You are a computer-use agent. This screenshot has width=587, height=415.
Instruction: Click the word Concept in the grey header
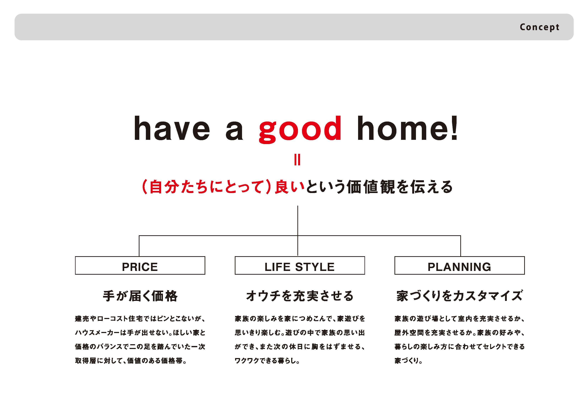(539, 27)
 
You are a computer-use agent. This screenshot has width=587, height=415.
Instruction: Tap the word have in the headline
(172, 128)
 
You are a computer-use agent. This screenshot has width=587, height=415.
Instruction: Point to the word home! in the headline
(408, 128)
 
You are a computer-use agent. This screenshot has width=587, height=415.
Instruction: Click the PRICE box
(140, 265)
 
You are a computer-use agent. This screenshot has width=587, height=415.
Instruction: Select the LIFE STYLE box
(300, 265)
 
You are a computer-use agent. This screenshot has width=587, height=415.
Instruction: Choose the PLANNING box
(459, 265)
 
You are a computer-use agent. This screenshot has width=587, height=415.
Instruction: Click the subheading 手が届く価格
(140, 296)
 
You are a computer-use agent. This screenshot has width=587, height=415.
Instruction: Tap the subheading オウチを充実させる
(300, 296)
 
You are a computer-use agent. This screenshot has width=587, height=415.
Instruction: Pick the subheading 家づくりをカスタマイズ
(459, 296)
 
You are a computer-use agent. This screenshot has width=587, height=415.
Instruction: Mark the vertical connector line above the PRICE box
(139, 246)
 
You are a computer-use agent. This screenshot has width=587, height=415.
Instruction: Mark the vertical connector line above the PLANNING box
(461, 246)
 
